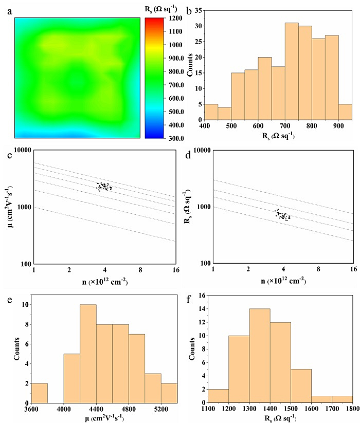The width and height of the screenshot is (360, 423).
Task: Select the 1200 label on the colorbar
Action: click(175, 18)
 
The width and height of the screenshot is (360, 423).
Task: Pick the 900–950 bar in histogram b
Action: click(345, 112)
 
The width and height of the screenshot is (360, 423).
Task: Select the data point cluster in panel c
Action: click(104, 187)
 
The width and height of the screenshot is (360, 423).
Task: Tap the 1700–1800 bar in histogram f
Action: click(342, 399)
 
